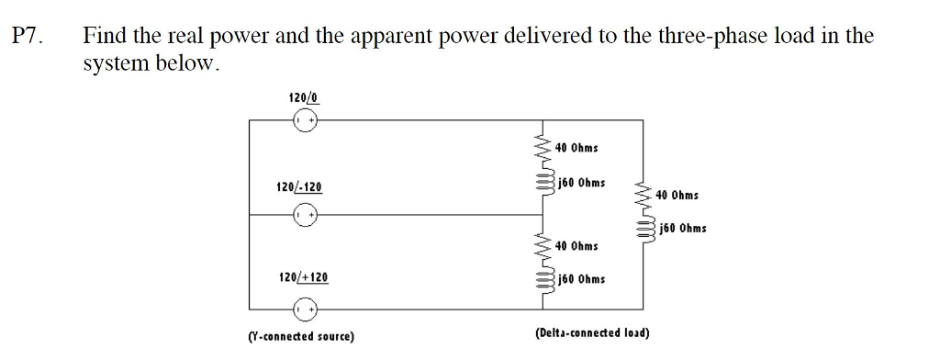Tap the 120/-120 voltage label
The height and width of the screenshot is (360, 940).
pyautogui.click(x=299, y=187)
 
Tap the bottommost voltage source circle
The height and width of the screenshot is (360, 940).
pyautogui.click(x=305, y=306)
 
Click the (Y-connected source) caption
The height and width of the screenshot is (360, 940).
pyautogui.click(x=301, y=336)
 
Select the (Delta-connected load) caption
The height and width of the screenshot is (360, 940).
pyautogui.click(x=592, y=332)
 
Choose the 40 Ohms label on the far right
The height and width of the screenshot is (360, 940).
pyautogui.click(x=677, y=196)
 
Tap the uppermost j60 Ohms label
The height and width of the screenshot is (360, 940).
pyautogui.click(x=580, y=182)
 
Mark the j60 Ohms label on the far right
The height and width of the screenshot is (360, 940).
pyautogui.click(x=682, y=229)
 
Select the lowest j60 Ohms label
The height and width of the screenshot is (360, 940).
pyautogui.click(x=580, y=279)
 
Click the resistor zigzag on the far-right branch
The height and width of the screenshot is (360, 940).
pyautogui.click(x=643, y=196)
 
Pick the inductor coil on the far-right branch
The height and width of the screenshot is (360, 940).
pyautogui.click(x=643, y=229)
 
